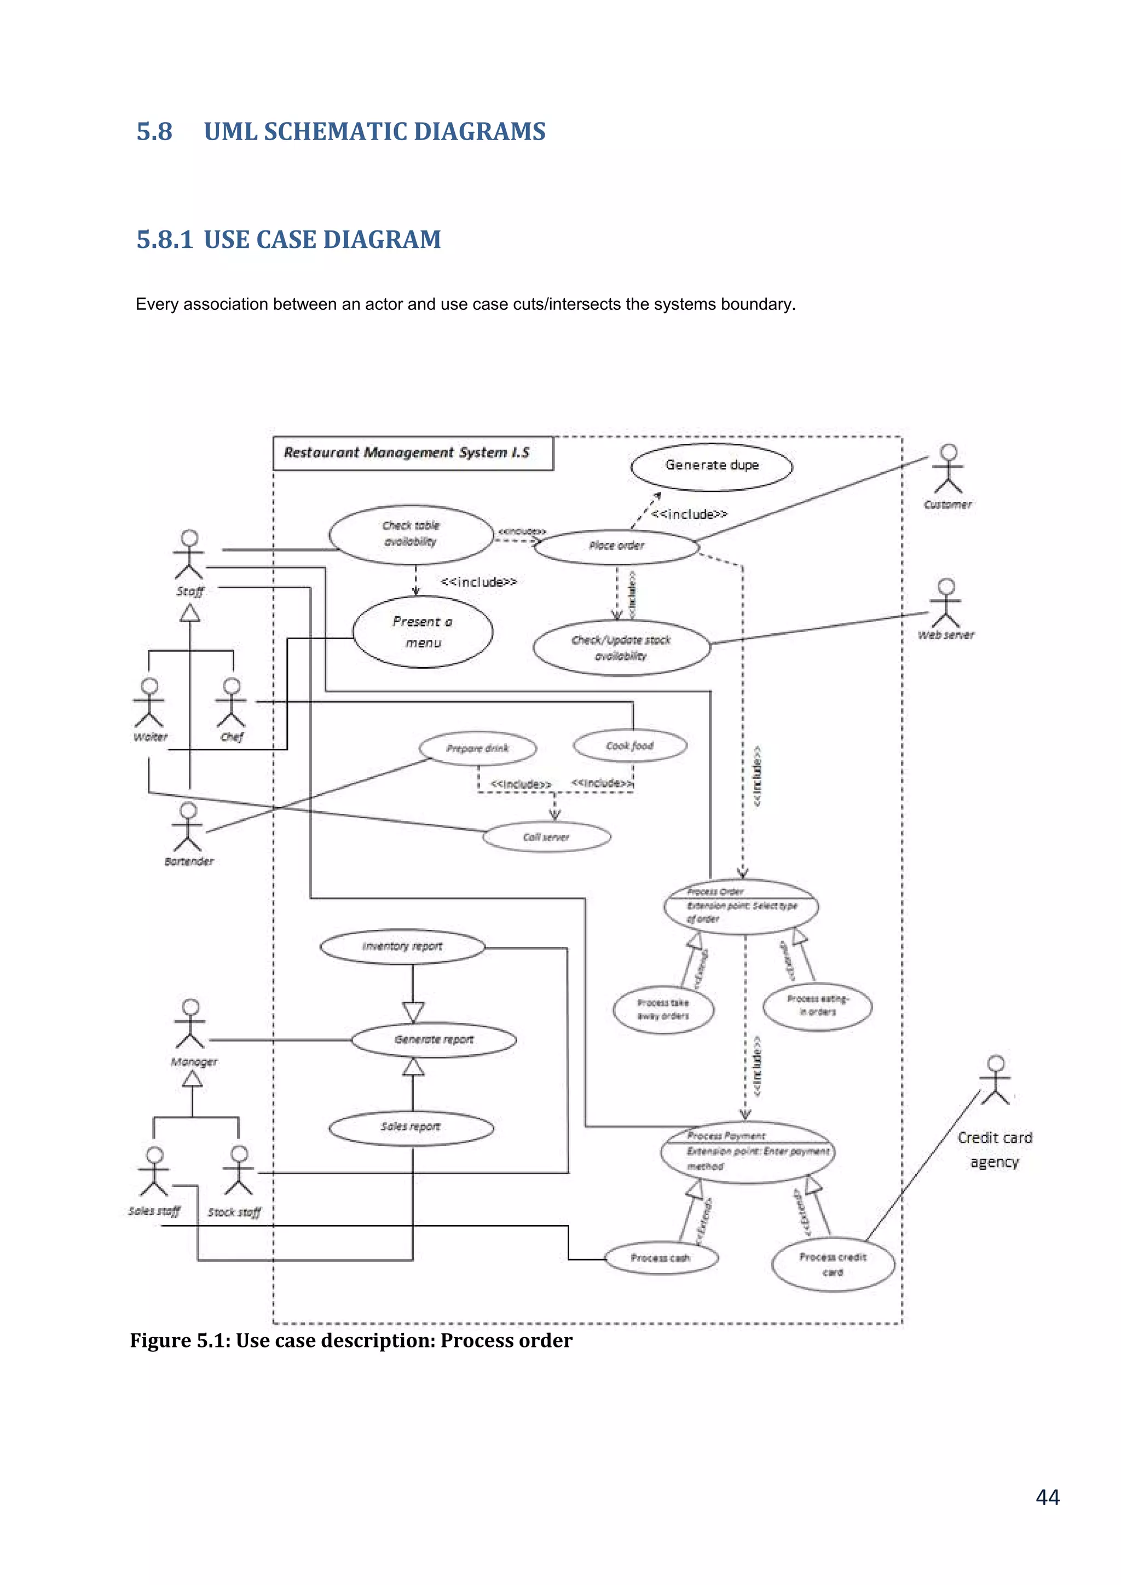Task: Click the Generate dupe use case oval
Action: point(711,467)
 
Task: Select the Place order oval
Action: point(616,546)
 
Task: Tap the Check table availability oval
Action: point(411,534)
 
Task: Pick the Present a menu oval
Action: point(423,632)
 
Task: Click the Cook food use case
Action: point(629,745)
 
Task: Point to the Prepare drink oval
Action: point(478,748)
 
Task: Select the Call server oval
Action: point(546,837)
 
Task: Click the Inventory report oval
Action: point(402,946)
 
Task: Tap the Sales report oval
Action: point(411,1126)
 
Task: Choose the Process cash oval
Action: point(661,1258)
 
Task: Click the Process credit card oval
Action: point(833,1265)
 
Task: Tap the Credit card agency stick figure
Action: point(995,1080)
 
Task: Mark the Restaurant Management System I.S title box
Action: point(413,453)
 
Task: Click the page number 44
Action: point(1047,1497)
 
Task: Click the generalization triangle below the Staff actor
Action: point(190,613)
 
